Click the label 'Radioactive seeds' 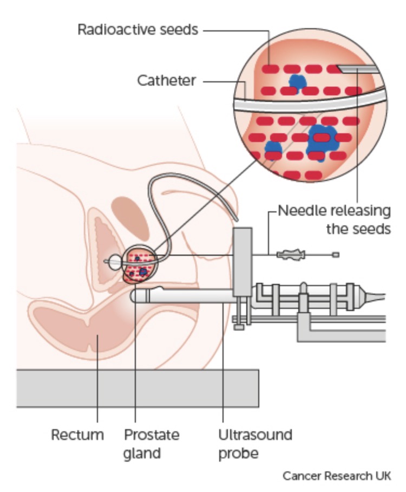[138, 30]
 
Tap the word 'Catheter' [167, 81]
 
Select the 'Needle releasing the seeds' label [335, 219]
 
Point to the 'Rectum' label [77, 435]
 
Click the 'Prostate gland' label [152, 444]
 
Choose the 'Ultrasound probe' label [255, 444]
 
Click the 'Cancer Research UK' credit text [337, 476]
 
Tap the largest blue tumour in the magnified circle [322, 141]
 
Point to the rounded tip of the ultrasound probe [133, 296]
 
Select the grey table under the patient [137, 388]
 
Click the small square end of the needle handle [336, 255]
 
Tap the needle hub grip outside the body [291, 255]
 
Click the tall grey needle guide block [242, 262]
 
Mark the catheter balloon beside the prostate [115, 262]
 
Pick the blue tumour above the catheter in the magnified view [297, 82]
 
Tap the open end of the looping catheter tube [236, 219]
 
